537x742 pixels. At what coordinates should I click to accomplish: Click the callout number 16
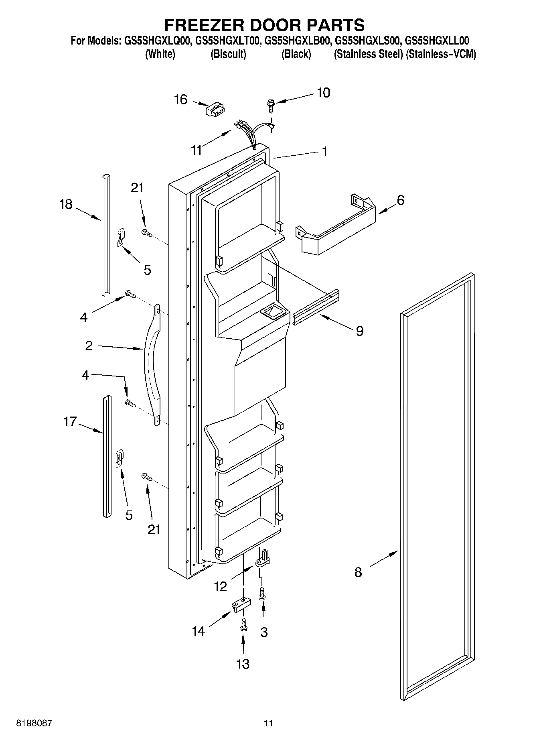(x=180, y=99)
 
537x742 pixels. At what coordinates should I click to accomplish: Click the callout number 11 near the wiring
(x=197, y=150)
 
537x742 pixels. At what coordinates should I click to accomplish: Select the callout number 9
(x=359, y=331)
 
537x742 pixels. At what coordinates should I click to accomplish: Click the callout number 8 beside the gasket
(x=358, y=572)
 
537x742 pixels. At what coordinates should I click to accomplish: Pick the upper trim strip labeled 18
(x=105, y=235)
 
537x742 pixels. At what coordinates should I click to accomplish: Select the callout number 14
(x=198, y=631)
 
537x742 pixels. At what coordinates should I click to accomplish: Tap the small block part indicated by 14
(x=241, y=604)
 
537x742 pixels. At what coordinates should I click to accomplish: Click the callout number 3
(x=263, y=632)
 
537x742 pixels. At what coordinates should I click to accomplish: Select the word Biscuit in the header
(x=228, y=54)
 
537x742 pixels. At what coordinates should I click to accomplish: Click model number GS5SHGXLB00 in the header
(x=296, y=41)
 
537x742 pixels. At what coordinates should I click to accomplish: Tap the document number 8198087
(x=34, y=723)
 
